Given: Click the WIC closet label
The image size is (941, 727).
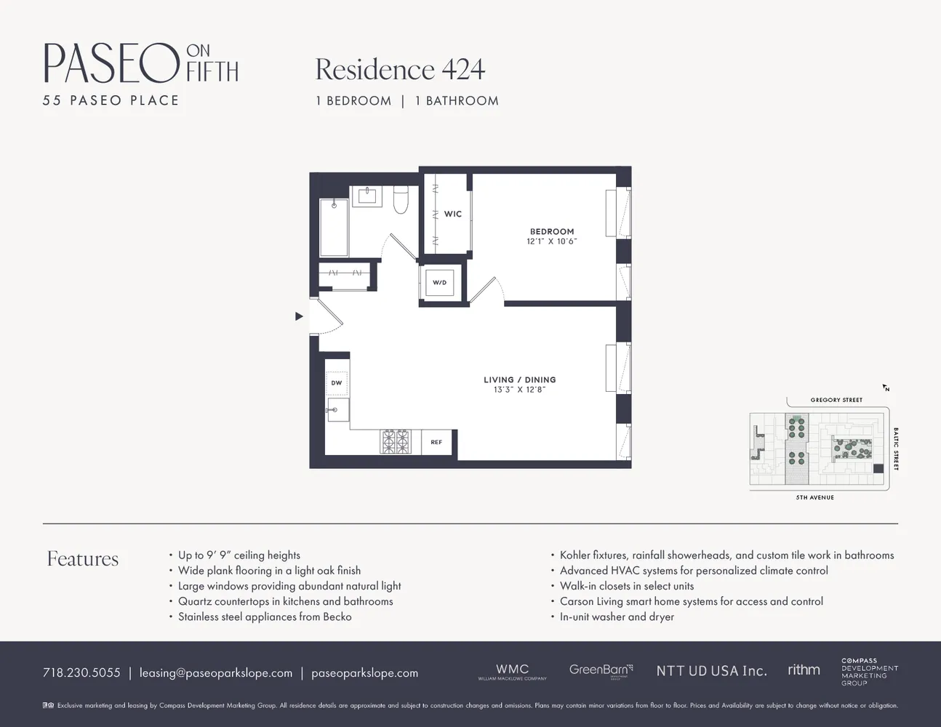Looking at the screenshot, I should coord(452,214).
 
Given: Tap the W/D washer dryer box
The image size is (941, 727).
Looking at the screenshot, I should coord(439,282).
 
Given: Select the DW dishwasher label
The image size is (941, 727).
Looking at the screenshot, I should coord(337,383).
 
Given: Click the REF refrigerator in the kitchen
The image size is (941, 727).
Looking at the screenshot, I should coord(436,442).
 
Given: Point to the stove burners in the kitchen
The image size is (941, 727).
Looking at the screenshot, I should coord(395,441).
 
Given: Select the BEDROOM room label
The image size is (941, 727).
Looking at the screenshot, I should coord(552,231).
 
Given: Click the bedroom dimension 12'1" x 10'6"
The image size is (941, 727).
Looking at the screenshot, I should coord(552,241).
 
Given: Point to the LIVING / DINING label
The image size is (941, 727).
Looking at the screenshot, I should coord(519,379).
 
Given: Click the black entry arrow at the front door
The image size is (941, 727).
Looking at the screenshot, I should coord(299,316).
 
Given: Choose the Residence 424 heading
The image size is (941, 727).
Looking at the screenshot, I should coord(400,70).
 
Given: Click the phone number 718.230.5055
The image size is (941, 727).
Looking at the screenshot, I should coord(81,673).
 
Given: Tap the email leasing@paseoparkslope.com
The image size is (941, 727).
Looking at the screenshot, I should coord(216,673).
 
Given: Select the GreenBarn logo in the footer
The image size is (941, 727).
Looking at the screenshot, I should coord(601,670).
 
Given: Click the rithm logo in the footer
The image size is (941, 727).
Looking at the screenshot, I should coord(804,670).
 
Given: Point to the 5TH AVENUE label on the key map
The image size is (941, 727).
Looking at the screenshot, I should coord(814,497).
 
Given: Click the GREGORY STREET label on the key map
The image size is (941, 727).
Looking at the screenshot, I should coord(836,400).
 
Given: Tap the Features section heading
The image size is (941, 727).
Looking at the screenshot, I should coord(83,558).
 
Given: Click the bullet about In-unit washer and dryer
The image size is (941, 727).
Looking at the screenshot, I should coord(617,616).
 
